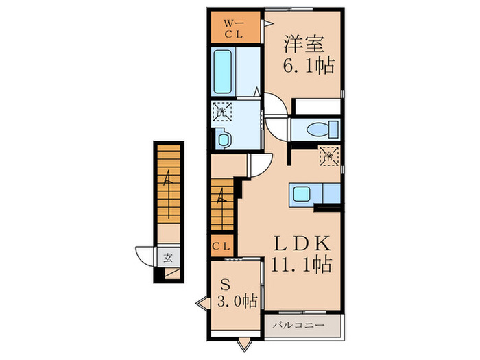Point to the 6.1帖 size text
pyautogui.click(x=308, y=67)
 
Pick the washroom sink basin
pyautogui.click(x=224, y=139)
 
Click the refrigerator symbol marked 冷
pyautogui.click(x=328, y=156)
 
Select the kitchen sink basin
pyautogui.click(x=302, y=194)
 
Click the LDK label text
pyautogui.click(x=304, y=243)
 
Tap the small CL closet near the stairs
pyautogui.click(x=221, y=245)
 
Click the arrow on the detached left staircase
pyautogui.click(x=167, y=179)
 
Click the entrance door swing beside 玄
pyautogui.click(x=145, y=255)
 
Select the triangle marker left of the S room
pyautogui.click(x=203, y=300)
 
